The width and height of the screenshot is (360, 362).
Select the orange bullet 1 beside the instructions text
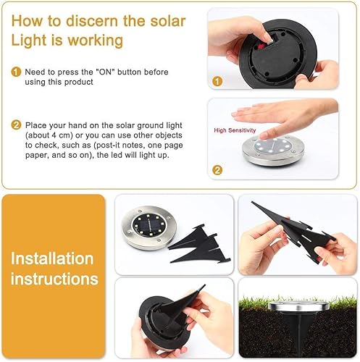tap(16, 72)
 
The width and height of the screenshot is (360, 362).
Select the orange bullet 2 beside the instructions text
tap(16, 125)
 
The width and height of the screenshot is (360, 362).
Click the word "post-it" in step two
tap(144, 147)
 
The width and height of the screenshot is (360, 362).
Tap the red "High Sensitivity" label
tap(235, 130)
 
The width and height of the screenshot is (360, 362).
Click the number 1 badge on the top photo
tap(217, 82)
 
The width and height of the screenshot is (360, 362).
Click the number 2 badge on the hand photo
tap(217, 172)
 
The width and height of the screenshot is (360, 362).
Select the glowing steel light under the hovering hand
tap(283, 148)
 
